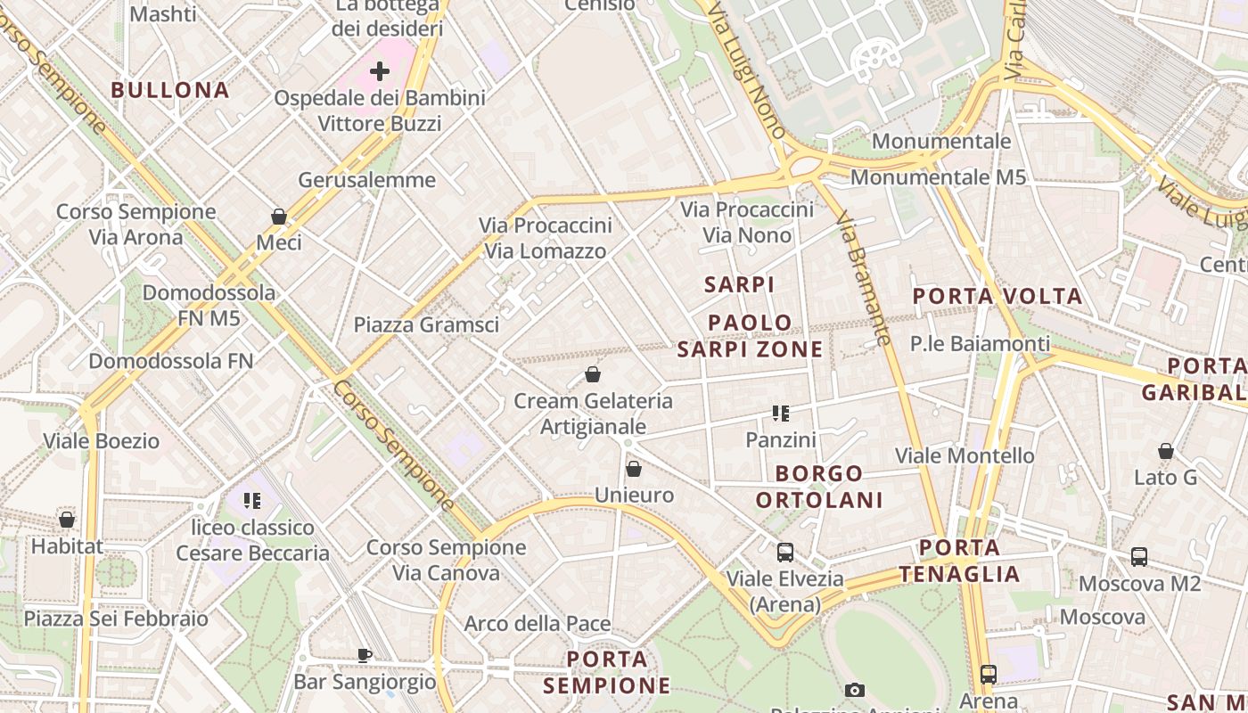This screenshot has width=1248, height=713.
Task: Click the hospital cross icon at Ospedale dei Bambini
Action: (380, 70)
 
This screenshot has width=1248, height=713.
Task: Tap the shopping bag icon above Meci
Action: (279, 217)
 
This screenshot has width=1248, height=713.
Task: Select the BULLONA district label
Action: (170, 90)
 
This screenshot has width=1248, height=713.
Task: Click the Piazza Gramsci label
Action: (426, 325)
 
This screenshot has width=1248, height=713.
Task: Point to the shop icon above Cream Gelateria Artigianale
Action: (593, 374)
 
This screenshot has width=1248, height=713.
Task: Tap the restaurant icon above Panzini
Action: (781, 414)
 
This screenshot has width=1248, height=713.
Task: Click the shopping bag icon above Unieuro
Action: (634, 469)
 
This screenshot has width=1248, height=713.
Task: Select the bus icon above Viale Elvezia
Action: (784, 553)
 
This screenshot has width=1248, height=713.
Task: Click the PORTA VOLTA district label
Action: (998, 296)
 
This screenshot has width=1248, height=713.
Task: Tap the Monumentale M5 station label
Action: (938, 177)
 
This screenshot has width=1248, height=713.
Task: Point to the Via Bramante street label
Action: (866, 280)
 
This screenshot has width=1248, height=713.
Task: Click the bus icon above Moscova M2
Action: (1139, 557)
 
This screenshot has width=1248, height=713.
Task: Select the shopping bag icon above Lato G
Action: (1165, 451)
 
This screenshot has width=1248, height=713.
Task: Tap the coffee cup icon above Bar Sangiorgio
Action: (365, 655)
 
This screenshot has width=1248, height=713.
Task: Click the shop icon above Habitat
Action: (67, 519)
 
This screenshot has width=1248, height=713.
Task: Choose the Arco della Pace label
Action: (537, 624)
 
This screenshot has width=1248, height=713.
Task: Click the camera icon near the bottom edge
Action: (855, 690)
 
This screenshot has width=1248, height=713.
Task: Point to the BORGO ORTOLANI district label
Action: (819, 487)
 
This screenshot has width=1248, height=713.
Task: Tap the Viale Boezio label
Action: (102, 441)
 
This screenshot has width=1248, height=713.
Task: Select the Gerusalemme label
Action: (366, 180)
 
